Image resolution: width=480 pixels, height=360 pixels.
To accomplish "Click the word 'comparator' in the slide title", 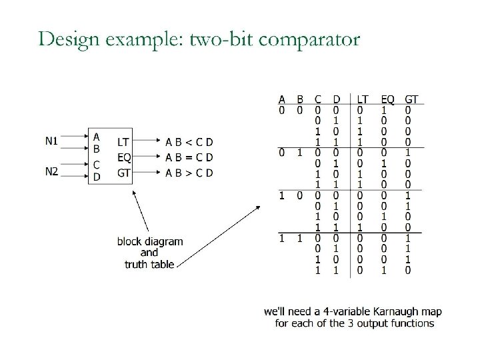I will (x=309, y=40).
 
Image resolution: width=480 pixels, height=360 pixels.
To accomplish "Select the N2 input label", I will (x=52, y=171).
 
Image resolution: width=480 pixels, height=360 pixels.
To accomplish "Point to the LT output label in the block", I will (x=123, y=141).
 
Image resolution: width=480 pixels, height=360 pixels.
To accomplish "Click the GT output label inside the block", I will (x=124, y=173).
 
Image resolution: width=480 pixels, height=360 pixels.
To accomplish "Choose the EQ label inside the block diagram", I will (x=124, y=157).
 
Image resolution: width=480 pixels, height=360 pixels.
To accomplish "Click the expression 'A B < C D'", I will (x=189, y=141).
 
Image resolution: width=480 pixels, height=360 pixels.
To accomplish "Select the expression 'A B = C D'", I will (x=189, y=157).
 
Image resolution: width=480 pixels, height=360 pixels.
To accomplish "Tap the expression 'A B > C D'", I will (x=189, y=173).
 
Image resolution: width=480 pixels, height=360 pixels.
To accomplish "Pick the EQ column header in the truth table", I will (x=387, y=100).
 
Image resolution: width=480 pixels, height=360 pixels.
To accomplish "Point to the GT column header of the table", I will (x=411, y=100).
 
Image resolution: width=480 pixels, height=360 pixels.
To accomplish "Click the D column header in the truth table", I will (x=336, y=100).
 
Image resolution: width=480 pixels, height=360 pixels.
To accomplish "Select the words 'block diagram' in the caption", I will (x=150, y=241).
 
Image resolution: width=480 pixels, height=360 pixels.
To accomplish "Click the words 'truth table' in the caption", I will (x=149, y=264).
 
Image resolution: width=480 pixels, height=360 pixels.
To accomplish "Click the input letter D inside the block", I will (x=97, y=177).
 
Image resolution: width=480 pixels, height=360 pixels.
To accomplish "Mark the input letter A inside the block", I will (x=97, y=135).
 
